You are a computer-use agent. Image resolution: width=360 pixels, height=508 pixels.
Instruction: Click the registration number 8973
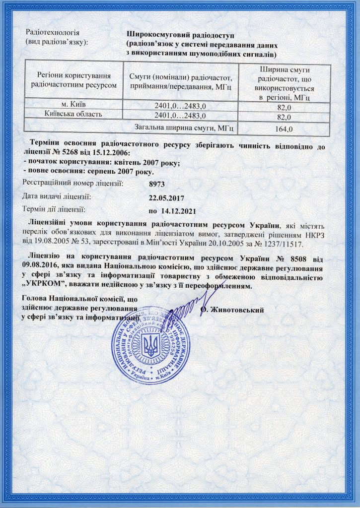pyautogui.click(x=157, y=184)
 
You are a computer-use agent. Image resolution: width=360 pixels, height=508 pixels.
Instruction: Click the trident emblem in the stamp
pyautogui.click(x=149, y=346)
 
